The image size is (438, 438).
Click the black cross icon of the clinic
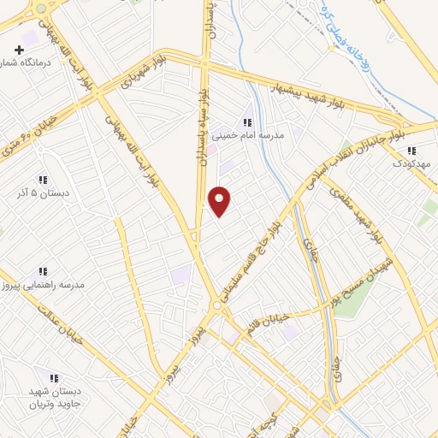point(19,37)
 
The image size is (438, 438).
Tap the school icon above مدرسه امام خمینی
point(248,121)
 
